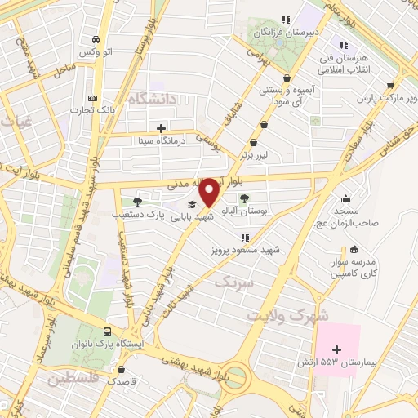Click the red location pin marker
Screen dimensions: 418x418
coord(210,193)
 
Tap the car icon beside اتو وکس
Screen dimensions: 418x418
coord(96,39)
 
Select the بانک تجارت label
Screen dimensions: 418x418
coord(83,109)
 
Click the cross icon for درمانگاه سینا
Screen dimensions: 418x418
coord(161,128)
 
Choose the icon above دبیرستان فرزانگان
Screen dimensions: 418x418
coord(285,20)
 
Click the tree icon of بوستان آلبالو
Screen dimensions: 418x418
coord(244,198)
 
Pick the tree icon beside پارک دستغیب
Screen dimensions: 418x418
coord(136,202)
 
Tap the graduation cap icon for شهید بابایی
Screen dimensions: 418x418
coord(191,205)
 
